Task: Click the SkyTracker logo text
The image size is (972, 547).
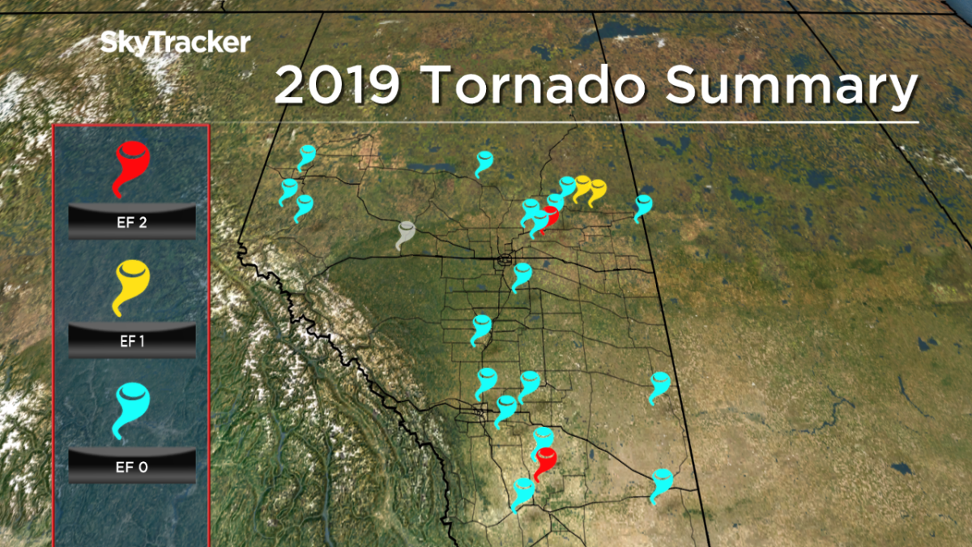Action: [175, 43]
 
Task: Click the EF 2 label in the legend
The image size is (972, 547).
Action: [131, 222]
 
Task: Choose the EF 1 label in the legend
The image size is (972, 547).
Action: [131, 341]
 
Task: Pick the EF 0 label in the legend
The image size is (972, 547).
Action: [131, 467]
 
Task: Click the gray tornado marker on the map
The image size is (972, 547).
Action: [405, 233]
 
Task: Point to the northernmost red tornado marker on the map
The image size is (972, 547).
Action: [549, 217]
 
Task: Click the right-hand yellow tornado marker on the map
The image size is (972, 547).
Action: [597, 191]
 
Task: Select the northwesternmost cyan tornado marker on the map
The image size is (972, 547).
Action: [306, 156]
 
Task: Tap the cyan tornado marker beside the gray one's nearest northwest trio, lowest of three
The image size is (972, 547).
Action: [304, 206]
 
